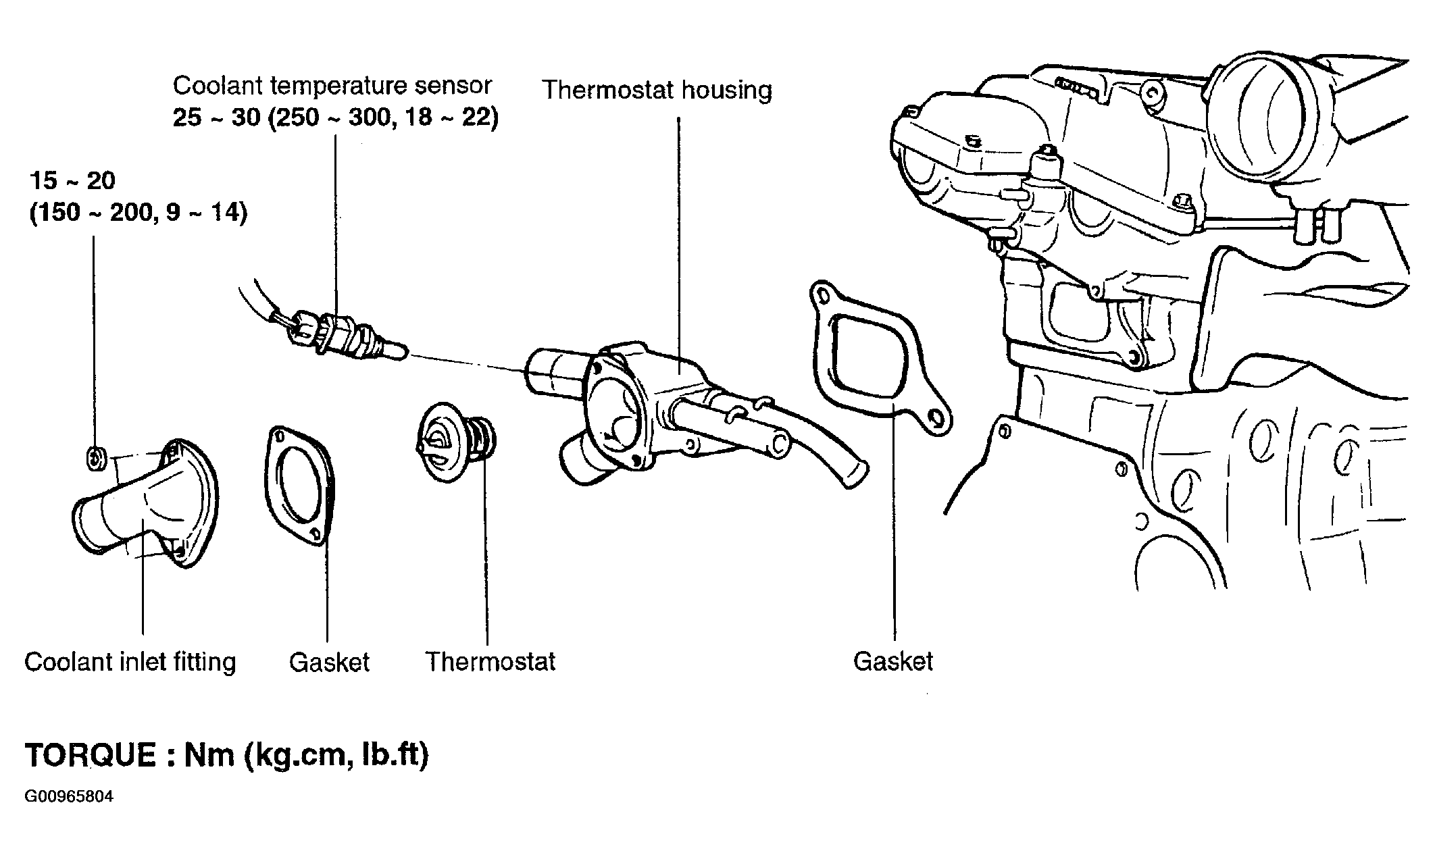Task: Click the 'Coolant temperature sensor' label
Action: pyautogui.click(x=332, y=86)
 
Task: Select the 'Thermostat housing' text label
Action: pyautogui.click(x=657, y=90)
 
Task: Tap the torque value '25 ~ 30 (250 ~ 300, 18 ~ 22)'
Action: pyautogui.click(x=336, y=118)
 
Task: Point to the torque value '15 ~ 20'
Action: pyautogui.click(x=72, y=180)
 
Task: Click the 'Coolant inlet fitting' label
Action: pyautogui.click(x=130, y=661)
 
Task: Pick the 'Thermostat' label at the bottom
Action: pyautogui.click(x=490, y=661)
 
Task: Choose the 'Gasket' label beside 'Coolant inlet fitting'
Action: pyautogui.click(x=330, y=662)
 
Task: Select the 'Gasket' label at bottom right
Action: pyautogui.click(x=893, y=661)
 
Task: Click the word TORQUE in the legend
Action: pyautogui.click(x=90, y=755)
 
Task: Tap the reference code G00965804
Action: pyautogui.click(x=69, y=796)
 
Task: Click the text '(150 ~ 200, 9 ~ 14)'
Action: pyautogui.click(x=139, y=213)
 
